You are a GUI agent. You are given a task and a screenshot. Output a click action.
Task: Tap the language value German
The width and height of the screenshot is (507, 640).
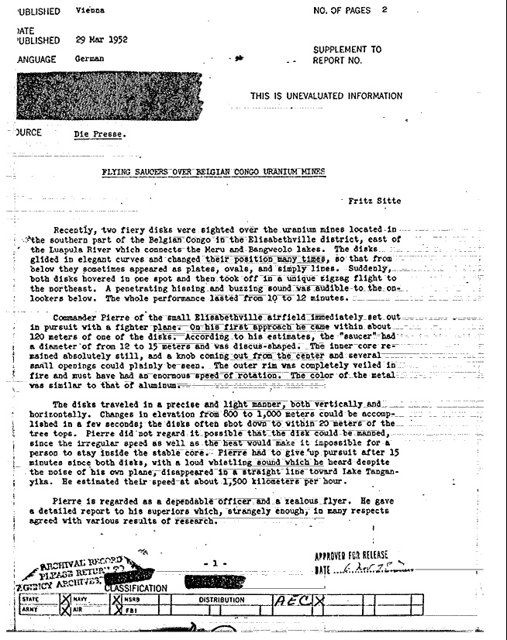pyautogui.click(x=88, y=59)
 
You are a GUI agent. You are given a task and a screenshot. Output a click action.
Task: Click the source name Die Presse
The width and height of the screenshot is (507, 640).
pyautogui.click(x=101, y=134)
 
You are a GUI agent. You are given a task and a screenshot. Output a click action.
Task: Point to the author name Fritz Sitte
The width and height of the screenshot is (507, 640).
pyautogui.click(x=375, y=201)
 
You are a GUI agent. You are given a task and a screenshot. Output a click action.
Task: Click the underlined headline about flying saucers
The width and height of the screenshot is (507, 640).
pyautogui.click(x=214, y=171)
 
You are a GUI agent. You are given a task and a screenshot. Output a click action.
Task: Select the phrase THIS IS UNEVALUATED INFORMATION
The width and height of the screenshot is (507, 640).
pyautogui.click(x=326, y=96)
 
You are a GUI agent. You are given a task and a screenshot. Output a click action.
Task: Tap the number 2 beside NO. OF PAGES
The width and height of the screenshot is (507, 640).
pyautogui.click(x=385, y=10)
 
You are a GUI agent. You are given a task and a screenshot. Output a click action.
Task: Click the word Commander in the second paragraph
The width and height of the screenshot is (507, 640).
pyautogui.click(x=79, y=318)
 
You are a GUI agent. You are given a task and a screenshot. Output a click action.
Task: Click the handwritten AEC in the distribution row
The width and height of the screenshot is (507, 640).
pyautogui.click(x=288, y=600)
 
